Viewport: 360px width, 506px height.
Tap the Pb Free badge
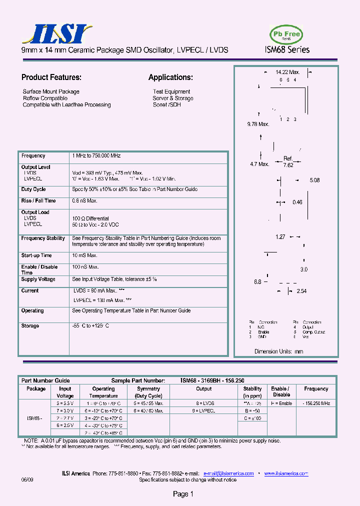286,34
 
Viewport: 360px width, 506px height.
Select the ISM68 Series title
287,49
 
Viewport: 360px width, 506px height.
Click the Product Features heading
51,77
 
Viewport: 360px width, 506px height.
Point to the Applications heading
170,77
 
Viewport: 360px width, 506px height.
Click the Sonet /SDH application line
166,105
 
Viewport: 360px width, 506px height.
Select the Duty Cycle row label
33,189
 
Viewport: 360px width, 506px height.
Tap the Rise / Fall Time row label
38,201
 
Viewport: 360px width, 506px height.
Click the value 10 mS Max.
84,256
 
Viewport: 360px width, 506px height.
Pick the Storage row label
30,326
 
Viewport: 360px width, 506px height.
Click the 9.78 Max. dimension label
258,124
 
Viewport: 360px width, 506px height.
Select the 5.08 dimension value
314,180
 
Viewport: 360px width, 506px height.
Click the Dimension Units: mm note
279,351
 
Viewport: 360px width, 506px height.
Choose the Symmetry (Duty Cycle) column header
148,392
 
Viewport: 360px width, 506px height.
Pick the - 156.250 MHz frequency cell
316,403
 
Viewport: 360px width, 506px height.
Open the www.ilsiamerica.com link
286,473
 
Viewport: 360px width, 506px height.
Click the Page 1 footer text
183,494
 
